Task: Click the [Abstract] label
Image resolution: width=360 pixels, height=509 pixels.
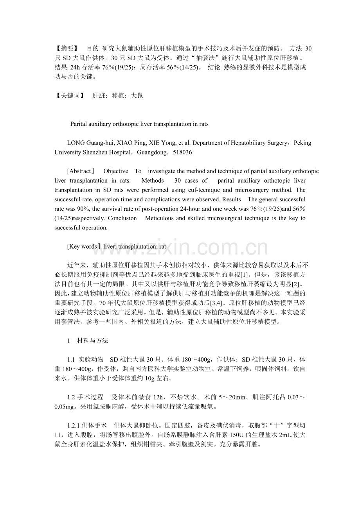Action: pos(81,171)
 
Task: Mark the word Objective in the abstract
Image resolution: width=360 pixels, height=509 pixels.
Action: pos(115,171)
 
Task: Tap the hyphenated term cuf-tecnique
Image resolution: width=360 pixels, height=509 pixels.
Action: pos(204,190)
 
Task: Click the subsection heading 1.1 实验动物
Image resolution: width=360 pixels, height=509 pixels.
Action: pos(85,359)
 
